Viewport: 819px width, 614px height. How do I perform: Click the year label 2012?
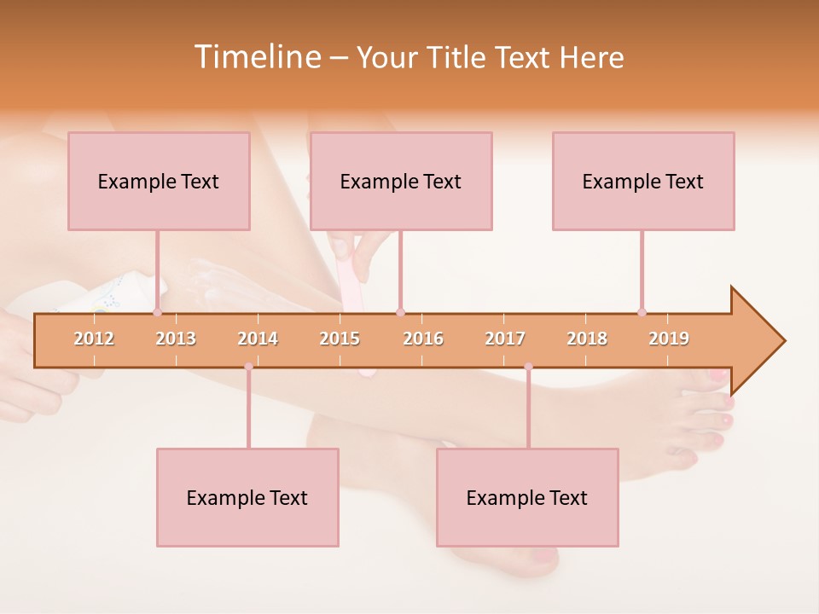[x=94, y=339]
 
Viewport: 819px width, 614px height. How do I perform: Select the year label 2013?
[x=176, y=339]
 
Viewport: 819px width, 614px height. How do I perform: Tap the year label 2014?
[x=258, y=339]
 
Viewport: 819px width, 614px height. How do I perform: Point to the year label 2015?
[x=340, y=339]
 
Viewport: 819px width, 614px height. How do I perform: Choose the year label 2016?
[x=423, y=339]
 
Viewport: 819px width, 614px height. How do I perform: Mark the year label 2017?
[x=505, y=339]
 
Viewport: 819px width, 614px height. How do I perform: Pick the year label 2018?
[x=587, y=339]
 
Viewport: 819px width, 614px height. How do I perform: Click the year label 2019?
[x=669, y=339]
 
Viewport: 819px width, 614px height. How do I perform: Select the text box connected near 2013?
[x=159, y=181]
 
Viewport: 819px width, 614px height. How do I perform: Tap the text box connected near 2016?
[x=401, y=181]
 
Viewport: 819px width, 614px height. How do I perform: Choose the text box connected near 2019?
[x=643, y=181]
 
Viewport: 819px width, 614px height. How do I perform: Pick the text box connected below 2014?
[x=247, y=497]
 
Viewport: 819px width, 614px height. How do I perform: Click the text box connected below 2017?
[x=527, y=497]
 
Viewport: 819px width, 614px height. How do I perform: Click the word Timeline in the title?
[x=257, y=57]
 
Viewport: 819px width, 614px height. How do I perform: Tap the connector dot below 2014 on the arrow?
[x=248, y=367]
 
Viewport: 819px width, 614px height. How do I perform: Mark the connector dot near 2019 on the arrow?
[x=642, y=313]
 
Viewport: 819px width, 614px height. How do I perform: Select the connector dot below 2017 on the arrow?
[x=528, y=367]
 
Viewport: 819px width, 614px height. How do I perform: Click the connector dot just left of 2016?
[x=400, y=313]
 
